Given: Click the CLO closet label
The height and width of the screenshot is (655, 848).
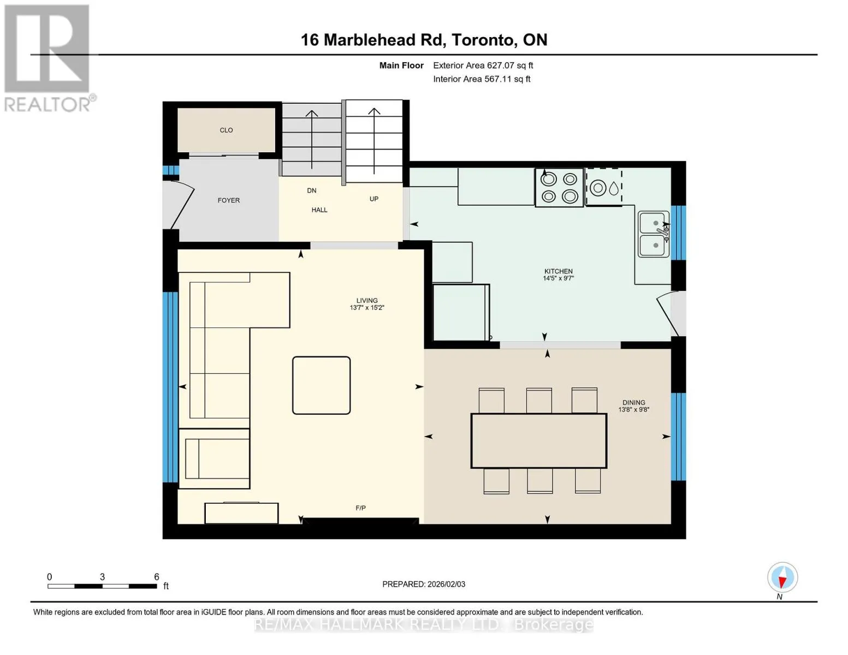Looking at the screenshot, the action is pyautogui.click(x=226, y=130).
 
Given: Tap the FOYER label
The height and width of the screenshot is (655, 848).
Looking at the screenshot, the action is pyautogui.click(x=229, y=200).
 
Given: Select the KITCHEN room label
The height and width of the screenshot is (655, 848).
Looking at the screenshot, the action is pyautogui.click(x=559, y=271).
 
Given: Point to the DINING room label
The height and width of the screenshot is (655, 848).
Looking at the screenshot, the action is pyautogui.click(x=634, y=402).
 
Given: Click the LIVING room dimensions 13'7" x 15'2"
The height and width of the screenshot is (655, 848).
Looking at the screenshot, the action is pyautogui.click(x=367, y=308).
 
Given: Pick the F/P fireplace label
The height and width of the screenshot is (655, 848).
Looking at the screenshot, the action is pyautogui.click(x=360, y=508).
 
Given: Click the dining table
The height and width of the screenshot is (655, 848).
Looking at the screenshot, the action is pyautogui.click(x=539, y=440).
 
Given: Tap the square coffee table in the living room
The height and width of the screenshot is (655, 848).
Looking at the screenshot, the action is pyautogui.click(x=321, y=385).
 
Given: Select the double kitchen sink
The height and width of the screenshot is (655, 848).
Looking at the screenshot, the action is pyautogui.click(x=654, y=234).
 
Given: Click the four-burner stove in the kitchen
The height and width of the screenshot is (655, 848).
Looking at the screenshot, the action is pyautogui.click(x=559, y=187).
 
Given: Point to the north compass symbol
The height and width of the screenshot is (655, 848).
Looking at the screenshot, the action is pyautogui.click(x=782, y=577).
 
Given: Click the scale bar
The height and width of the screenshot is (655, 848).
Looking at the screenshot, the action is pyautogui.click(x=102, y=586).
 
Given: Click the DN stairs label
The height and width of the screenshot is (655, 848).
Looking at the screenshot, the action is pyautogui.click(x=311, y=190).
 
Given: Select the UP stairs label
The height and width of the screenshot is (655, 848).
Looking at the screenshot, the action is pyautogui.click(x=374, y=199).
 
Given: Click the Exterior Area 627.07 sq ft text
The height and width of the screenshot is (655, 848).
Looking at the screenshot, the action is pyautogui.click(x=483, y=65).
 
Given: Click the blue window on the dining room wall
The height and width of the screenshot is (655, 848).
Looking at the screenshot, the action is pyautogui.click(x=678, y=437).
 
